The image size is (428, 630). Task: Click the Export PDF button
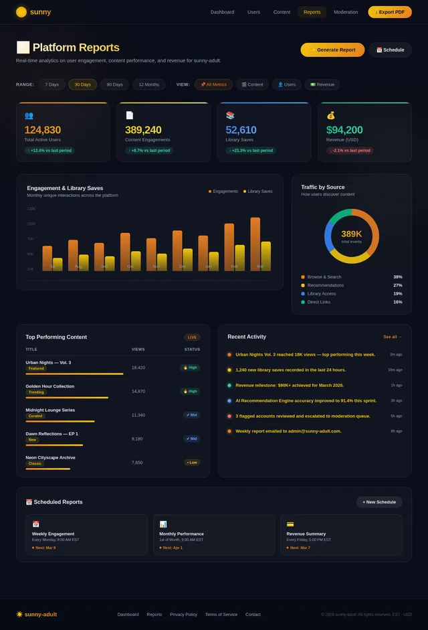tap(390, 12)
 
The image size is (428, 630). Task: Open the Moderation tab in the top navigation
tap(346, 12)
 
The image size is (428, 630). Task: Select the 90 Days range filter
tap(115, 84)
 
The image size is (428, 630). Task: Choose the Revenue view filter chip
tap(322, 84)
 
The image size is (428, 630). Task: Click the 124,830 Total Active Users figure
tap(43, 130)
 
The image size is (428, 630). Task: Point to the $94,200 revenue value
tap(344, 130)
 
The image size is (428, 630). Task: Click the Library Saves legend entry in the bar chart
tap(257, 191)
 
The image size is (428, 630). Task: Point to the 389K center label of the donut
tap(351, 234)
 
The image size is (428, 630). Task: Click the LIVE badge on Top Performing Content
tap(192, 337)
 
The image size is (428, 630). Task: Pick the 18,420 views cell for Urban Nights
tap(138, 368)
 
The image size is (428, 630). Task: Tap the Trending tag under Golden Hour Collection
tap(36, 392)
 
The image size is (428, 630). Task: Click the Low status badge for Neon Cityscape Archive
tap(192, 463)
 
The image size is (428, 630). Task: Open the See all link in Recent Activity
tap(393, 337)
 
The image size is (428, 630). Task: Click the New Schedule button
tap(379, 501)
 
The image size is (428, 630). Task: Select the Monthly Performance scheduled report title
tap(182, 534)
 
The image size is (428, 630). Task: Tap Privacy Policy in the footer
tap(183, 615)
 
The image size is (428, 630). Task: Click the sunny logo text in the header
tap(40, 12)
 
